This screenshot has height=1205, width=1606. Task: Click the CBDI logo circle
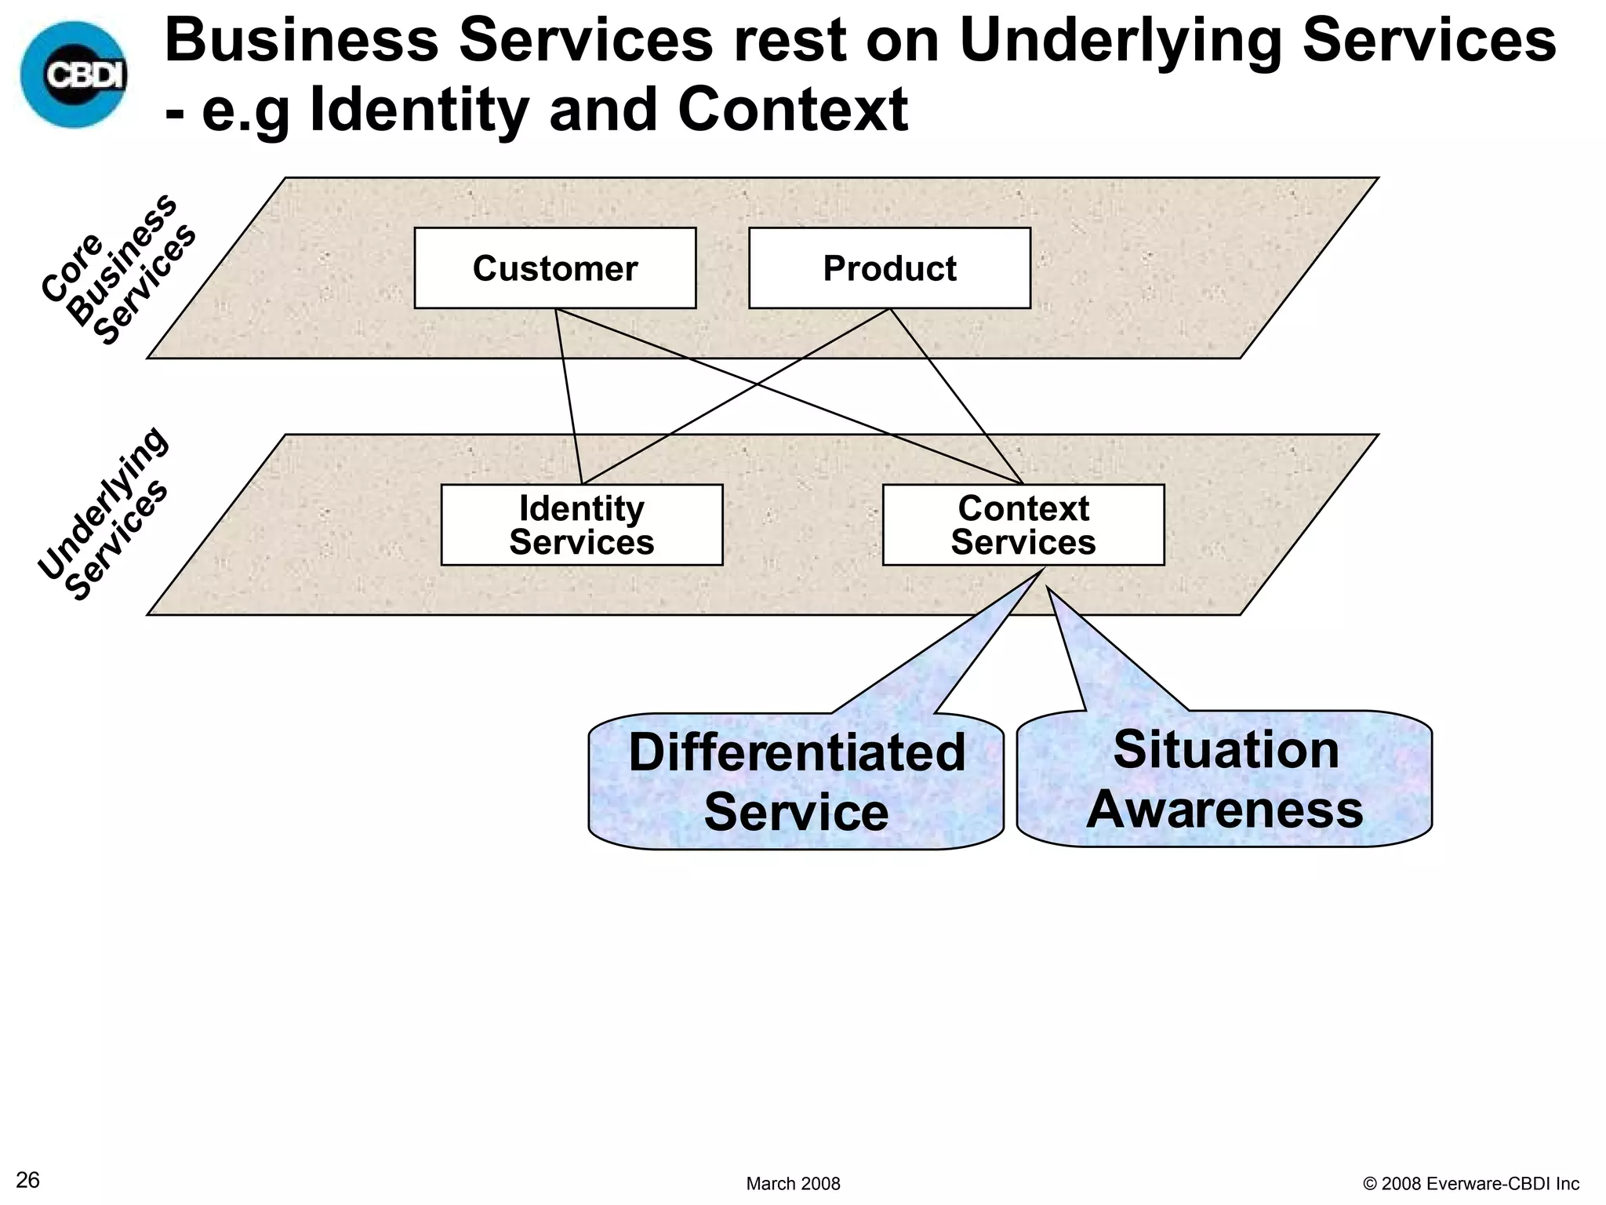(x=74, y=75)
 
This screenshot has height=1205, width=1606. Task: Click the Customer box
(x=554, y=268)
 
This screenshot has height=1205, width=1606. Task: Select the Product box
(x=889, y=268)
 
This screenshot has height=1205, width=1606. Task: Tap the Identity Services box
(x=581, y=525)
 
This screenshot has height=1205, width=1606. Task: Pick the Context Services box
(x=1023, y=525)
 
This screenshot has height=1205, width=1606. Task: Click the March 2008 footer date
(x=793, y=1184)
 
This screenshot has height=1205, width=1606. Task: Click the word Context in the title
(x=792, y=110)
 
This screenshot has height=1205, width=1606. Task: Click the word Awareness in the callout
(x=1224, y=809)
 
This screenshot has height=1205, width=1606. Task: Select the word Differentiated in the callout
(x=796, y=752)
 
